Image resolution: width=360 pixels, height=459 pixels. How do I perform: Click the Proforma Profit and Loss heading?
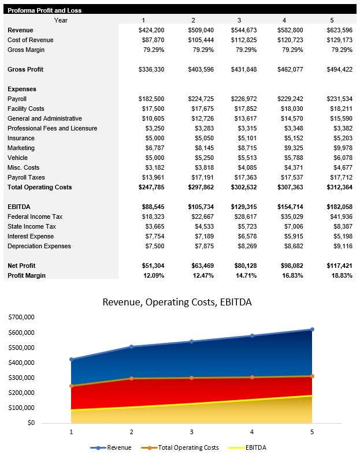(x=44, y=10)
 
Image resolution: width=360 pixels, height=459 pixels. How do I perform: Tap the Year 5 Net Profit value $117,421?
(x=337, y=266)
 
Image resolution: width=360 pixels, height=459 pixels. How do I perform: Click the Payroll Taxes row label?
(x=26, y=177)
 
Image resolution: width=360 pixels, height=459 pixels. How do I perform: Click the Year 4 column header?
(x=284, y=20)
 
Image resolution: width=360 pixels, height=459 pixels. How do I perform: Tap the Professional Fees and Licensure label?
(x=52, y=128)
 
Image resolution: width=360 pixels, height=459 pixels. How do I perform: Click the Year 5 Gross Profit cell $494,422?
(x=337, y=69)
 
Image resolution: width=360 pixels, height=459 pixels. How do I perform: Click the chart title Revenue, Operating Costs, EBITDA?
(x=177, y=302)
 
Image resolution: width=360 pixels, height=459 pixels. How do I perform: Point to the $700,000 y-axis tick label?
(x=20, y=317)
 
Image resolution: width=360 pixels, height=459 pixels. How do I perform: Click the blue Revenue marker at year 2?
(x=131, y=346)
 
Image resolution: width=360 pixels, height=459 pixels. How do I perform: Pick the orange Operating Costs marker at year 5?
(x=312, y=376)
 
